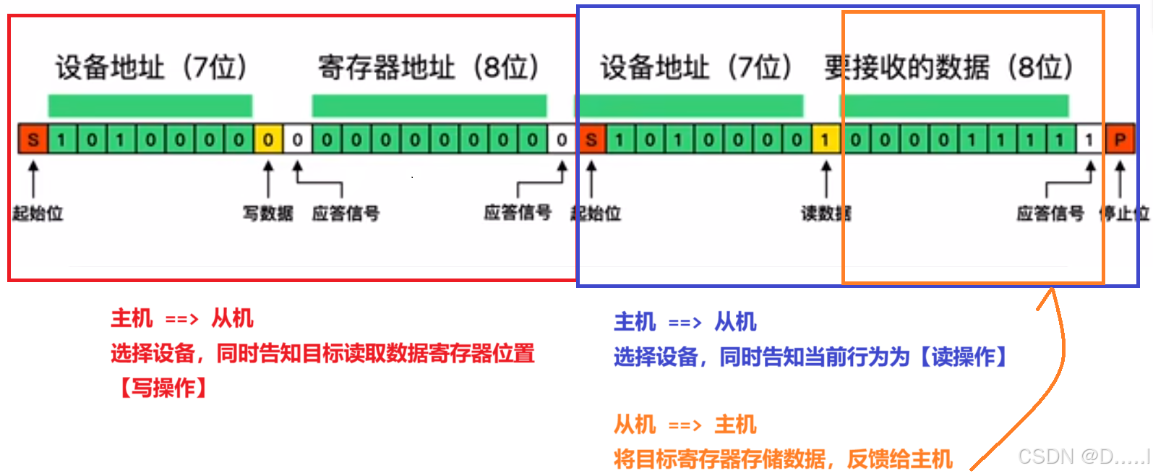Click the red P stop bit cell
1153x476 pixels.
point(1120,139)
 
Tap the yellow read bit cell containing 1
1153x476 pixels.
point(826,139)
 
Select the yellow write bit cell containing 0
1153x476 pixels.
point(267,139)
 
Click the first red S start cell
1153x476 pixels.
point(33,139)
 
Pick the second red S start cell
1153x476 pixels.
point(591,139)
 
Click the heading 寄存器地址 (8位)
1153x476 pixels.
point(429,68)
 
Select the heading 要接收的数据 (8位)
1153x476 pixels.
point(948,68)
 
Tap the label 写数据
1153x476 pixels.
point(267,213)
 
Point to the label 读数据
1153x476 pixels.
point(826,213)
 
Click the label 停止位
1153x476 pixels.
point(1123,213)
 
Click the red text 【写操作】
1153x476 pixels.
point(163,388)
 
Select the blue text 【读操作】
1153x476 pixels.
point(962,357)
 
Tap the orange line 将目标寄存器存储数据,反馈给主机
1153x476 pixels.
point(783,459)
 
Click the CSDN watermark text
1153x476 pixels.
point(1083,456)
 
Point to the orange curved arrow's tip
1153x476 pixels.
point(1052,291)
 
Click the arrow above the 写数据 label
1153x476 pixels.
point(268,178)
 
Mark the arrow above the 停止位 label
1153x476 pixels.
point(1120,178)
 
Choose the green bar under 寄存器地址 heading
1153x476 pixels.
point(429,106)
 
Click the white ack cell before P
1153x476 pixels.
point(1089,139)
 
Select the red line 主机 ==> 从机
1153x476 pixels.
point(181,318)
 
